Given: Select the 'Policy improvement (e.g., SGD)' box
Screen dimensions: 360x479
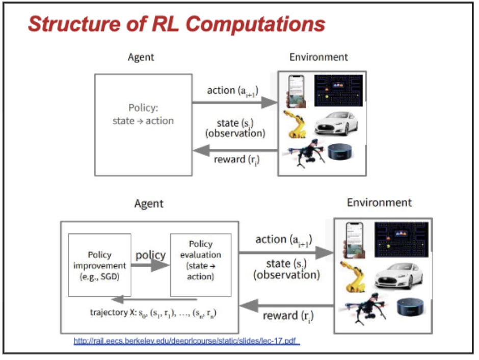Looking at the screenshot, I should coord(99,265).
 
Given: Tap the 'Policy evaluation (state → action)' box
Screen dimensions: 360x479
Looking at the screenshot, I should coord(200,265).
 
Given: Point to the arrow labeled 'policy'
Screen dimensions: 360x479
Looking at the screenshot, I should coord(150,265).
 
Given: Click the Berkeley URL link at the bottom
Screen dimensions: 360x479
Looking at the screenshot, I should coord(187,341).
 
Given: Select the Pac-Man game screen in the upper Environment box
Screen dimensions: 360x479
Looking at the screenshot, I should coord(338,90).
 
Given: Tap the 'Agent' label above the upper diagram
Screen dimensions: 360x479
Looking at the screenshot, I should coord(141,57).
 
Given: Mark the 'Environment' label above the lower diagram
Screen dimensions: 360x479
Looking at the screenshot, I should coord(379,202).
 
